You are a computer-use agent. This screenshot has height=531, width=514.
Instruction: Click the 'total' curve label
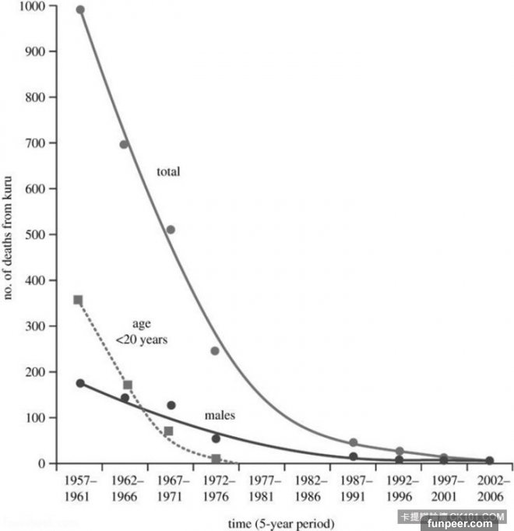(168, 171)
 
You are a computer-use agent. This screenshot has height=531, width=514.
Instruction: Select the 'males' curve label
(220, 417)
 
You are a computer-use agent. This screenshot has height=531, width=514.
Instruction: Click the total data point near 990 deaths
(80, 10)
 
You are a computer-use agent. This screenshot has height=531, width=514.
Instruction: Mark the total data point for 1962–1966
(124, 144)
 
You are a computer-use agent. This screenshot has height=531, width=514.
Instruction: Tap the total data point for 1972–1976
(215, 350)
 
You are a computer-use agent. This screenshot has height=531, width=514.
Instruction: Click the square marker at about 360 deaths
(78, 300)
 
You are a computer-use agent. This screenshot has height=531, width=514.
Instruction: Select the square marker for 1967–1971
(169, 431)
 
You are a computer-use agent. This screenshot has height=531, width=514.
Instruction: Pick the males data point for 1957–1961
(80, 383)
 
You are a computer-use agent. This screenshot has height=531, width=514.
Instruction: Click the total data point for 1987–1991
(353, 442)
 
